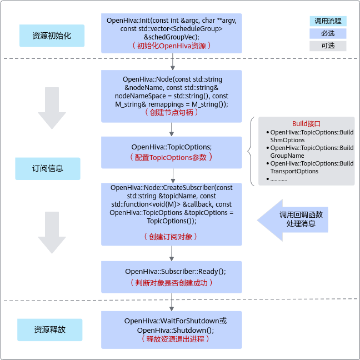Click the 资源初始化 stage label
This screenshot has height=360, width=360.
tap(52, 36)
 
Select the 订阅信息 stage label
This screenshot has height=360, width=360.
tap(48, 168)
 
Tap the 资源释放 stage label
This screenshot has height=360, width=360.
tap(50, 329)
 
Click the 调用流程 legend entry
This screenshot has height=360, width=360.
tap(328, 21)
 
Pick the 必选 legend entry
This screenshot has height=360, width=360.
tap(328, 33)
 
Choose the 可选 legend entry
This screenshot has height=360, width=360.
tap(328, 46)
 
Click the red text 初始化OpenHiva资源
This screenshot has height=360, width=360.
tap(172, 46)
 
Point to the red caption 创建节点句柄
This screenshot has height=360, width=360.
tap(172, 112)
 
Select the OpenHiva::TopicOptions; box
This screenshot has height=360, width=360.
tap(172, 152)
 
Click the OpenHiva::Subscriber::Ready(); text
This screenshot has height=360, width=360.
tap(176, 271)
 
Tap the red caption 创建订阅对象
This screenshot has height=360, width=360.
tap(171, 237)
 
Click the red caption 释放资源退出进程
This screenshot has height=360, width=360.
tap(176, 339)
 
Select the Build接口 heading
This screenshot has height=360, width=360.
tap(306, 124)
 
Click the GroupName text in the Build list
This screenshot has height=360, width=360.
tap(287, 156)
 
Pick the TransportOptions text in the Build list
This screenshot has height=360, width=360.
tap(294, 171)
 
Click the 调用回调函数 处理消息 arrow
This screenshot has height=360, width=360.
tap(292, 220)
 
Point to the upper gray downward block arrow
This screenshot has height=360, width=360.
tap(52, 108)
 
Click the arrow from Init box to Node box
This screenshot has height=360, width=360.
tap(173, 62)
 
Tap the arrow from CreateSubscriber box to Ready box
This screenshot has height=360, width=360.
tap(172, 253)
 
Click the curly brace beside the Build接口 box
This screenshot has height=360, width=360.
tap(251, 151)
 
